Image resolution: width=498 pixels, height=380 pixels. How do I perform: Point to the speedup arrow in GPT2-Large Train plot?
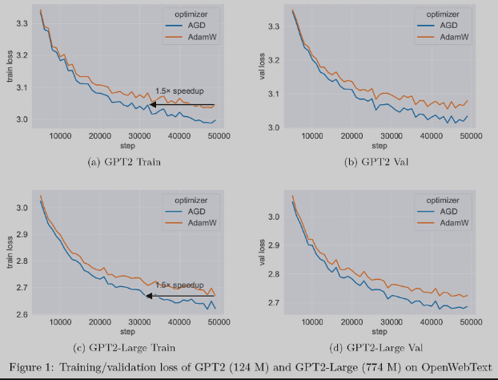coord(180,296)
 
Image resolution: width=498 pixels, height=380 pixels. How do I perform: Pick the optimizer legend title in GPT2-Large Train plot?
coord(190,199)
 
